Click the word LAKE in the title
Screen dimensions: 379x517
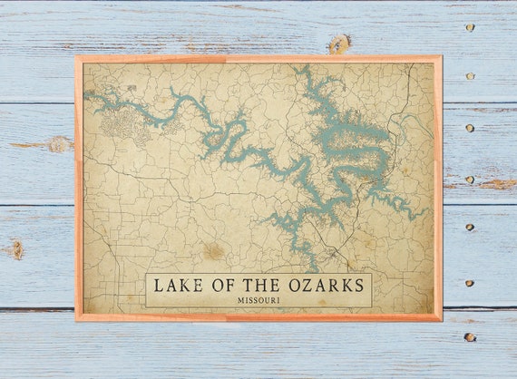click(173, 286)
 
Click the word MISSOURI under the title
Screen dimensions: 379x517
click(258, 300)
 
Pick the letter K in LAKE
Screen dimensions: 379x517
click(180, 286)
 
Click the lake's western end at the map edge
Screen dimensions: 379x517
click(86, 93)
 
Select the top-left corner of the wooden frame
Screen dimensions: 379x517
click(77, 57)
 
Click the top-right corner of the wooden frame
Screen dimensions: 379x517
click(441, 57)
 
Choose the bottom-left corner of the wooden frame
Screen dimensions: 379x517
click(77, 319)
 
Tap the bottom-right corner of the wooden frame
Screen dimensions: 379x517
click(441, 319)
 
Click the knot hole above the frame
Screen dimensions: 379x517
click(339, 43)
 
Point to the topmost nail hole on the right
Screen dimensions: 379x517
click(470, 27)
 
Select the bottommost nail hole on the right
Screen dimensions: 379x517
click(469, 337)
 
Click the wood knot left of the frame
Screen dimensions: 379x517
click(58, 143)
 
